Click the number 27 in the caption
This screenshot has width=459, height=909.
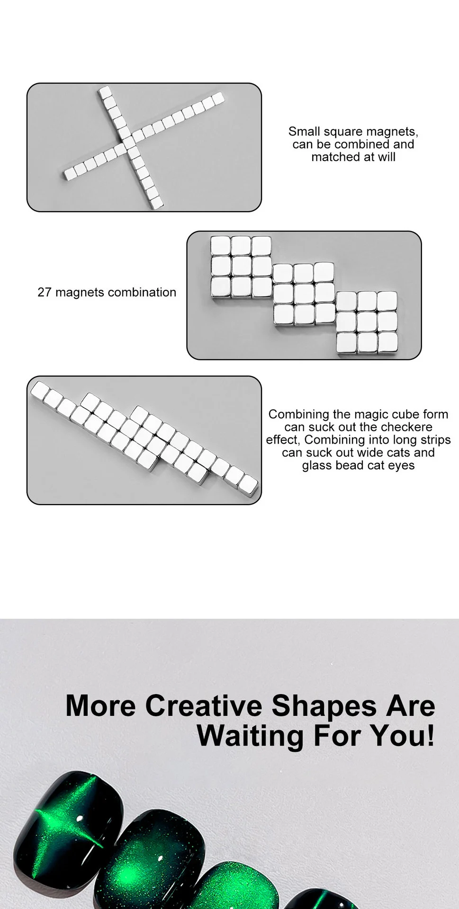tap(44, 293)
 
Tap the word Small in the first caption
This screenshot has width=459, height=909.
tap(304, 132)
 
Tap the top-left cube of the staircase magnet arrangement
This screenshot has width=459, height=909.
tap(220, 246)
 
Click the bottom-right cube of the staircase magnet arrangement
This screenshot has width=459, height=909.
tap(387, 342)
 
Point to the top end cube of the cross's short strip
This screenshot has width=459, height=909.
tap(105, 92)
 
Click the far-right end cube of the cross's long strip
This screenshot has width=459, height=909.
tap(218, 98)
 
